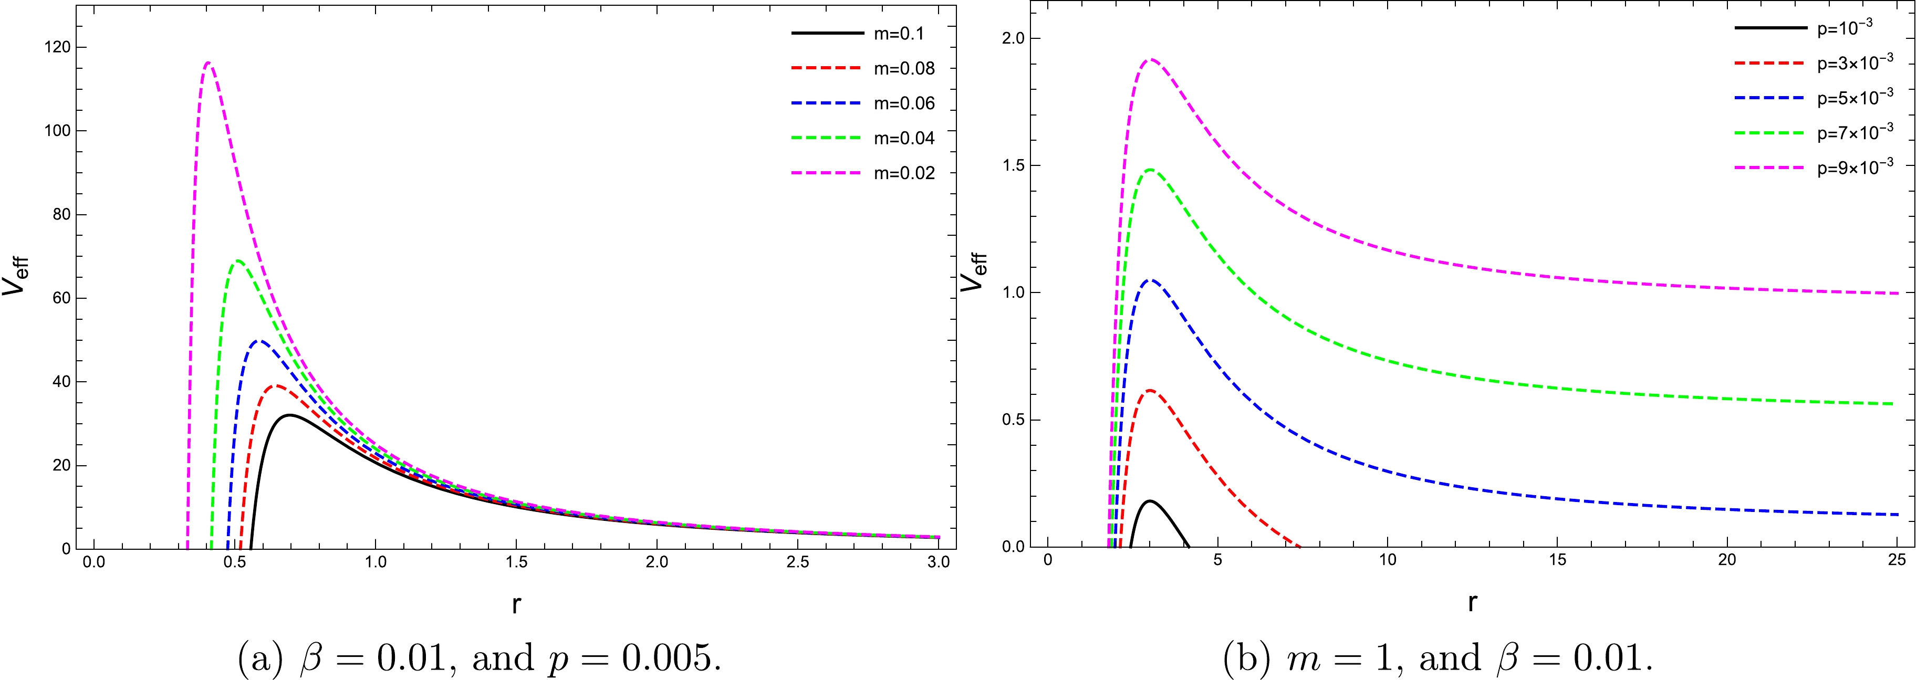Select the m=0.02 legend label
click(x=903, y=173)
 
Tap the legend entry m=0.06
click(x=903, y=103)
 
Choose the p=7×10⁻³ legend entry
click(x=1855, y=132)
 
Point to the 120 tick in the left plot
click(x=57, y=47)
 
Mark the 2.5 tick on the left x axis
click(x=797, y=562)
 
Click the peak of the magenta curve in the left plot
click(x=209, y=62)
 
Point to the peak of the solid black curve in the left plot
click(x=288, y=414)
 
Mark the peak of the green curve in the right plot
click(x=1151, y=170)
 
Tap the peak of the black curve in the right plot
click(x=1151, y=501)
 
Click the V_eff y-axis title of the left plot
click(x=16, y=275)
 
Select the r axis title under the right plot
click(x=1472, y=603)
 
